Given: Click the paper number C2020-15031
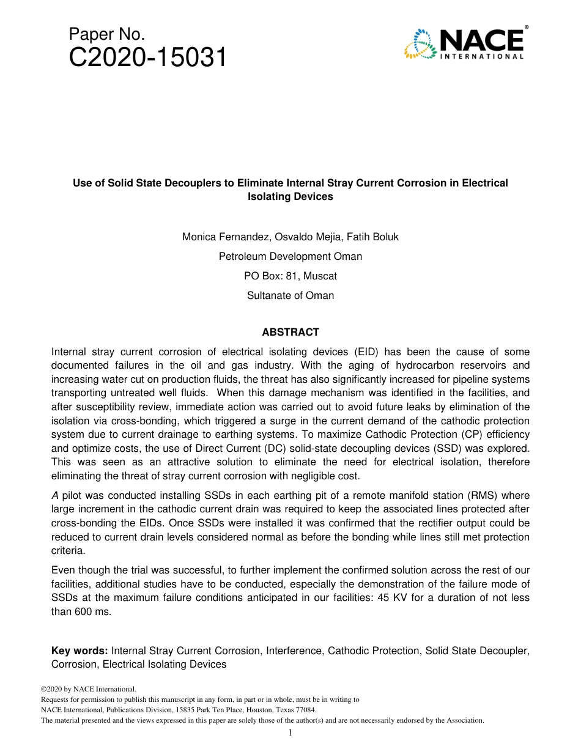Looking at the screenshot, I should coord(148,58).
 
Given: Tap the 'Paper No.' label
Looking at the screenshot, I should coord(106,34).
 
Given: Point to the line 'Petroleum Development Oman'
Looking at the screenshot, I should coord(290,256).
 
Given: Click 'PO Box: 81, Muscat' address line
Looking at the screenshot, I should coord(290,276).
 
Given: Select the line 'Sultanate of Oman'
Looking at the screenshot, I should coord(290,295).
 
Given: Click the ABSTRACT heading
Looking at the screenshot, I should coord(290,332).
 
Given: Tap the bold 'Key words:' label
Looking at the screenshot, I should coord(80,651).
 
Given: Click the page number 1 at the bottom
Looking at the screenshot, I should coord(290,732).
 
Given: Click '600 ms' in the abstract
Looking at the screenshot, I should coord(92,610).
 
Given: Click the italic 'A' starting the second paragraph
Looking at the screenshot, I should coord(55,495).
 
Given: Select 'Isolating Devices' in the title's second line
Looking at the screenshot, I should coord(290,196).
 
